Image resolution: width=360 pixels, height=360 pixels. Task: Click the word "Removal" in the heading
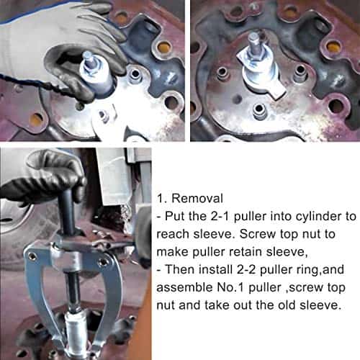tap(192, 197)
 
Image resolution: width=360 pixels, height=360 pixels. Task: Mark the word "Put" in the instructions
tap(178, 214)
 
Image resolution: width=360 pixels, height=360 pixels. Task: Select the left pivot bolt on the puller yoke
tap(31, 253)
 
